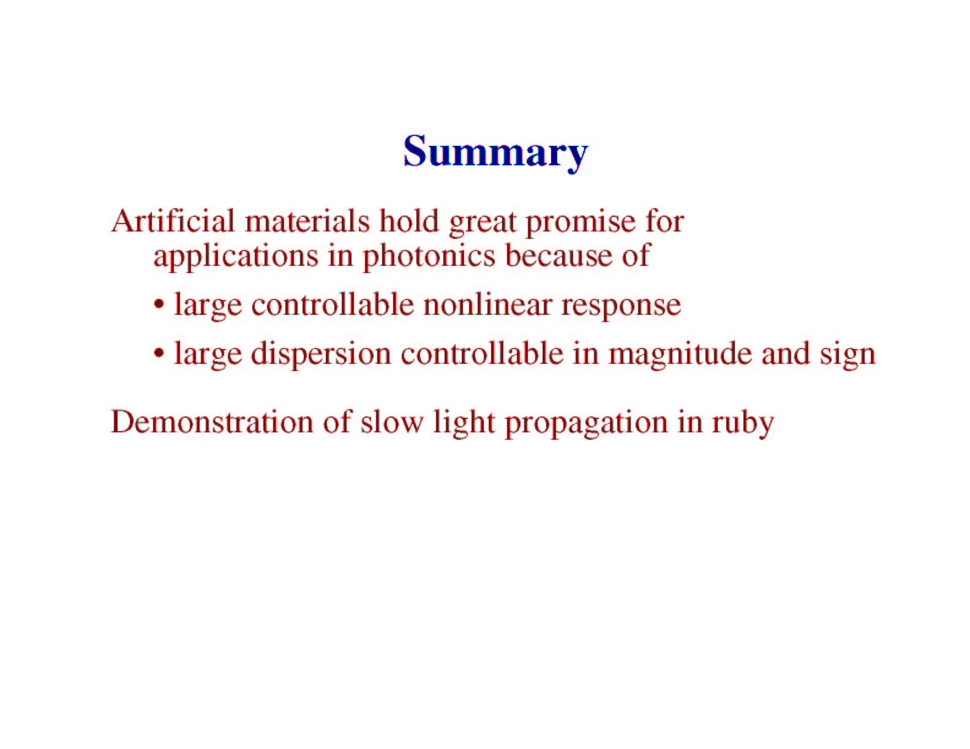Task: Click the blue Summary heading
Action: tap(495, 153)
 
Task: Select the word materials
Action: tap(307, 221)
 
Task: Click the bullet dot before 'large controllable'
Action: tap(159, 306)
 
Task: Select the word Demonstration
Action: tap(212, 421)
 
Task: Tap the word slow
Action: tap(392, 422)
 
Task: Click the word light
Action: tap(464, 424)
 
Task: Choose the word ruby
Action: tap(743, 424)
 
